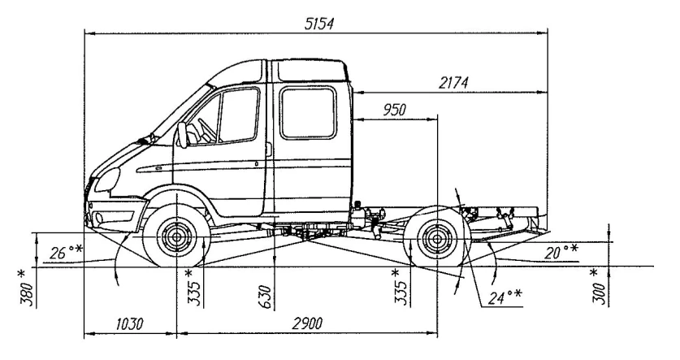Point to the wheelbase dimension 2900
click(307, 323)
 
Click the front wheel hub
click(174, 238)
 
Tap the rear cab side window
click(307, 114)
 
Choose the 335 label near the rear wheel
click(398, 287)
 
